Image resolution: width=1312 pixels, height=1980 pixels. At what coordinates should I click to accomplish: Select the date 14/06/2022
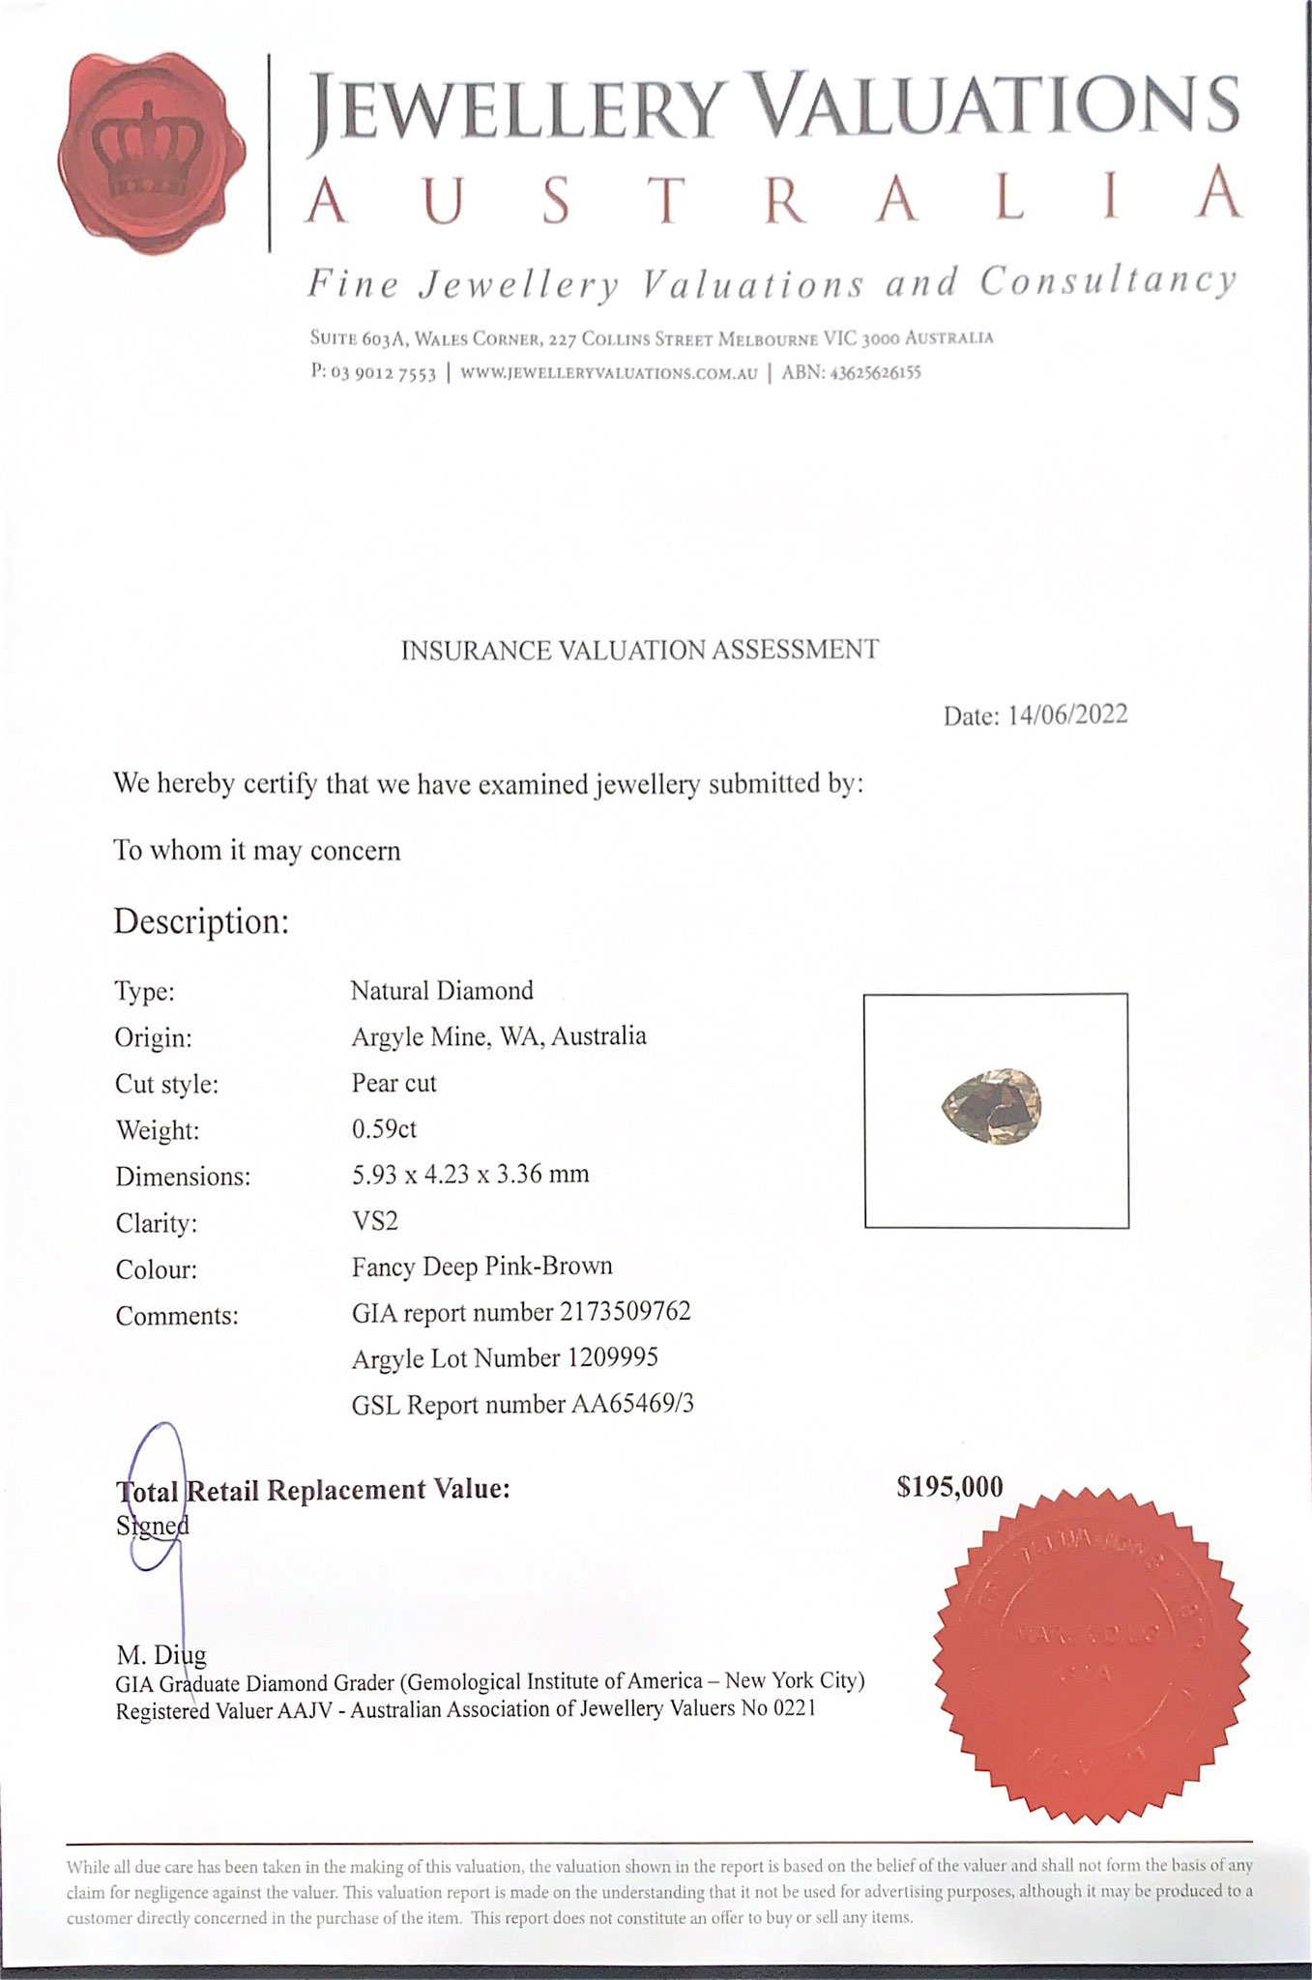coord(1067,714)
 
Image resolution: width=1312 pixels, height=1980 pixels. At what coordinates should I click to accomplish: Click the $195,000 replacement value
coord(949,1487)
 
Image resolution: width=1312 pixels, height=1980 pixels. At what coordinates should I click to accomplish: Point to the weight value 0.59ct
coord(384,1128)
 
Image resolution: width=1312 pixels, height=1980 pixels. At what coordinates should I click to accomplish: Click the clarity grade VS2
coord(374,1220)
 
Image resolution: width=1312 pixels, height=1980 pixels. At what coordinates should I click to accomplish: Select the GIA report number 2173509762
coord(625,1311)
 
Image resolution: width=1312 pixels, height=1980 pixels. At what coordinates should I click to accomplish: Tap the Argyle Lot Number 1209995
coord(612,1357)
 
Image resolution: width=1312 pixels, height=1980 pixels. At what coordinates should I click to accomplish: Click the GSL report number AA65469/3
coord(632,1404)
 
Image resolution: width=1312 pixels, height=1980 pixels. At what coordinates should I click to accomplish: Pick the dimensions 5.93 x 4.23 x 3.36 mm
coord(470,1175)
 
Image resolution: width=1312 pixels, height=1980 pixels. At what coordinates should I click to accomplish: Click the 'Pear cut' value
coord(394,1083)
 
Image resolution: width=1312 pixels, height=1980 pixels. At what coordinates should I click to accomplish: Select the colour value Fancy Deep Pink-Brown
coord(481,1267)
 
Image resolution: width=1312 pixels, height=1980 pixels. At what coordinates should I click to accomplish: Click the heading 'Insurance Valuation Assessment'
coord(639,650)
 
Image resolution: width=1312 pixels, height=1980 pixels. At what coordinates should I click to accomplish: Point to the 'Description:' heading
coord(201,921)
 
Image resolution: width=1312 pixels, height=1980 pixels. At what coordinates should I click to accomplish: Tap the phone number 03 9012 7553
coord(383,373)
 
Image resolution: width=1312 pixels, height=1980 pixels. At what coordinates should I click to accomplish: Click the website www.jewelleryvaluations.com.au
coord(608,373)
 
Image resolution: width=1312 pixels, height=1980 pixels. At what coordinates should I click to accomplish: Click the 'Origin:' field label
coord(153,1037)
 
